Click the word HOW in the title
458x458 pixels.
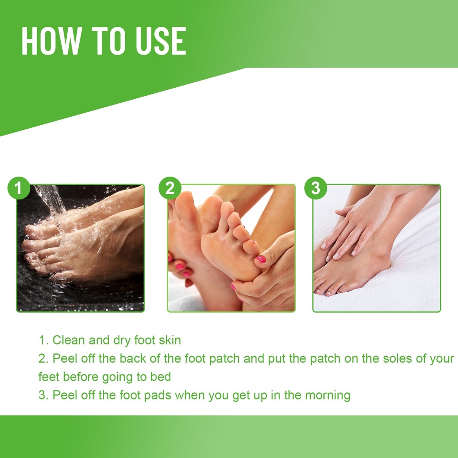(x=51, y=41)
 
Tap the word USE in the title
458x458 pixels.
(x=161, y=41)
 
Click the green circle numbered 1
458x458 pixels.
(x=18, y=188)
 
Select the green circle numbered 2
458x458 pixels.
(x=170, y=188)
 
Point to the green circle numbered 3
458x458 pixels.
(x=315, y=188)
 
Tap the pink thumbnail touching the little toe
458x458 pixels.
(x=261, y=259)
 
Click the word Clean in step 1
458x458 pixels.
(x=68, y=340)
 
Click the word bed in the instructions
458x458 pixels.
(x=161, y=377)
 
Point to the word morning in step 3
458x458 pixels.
(x=328, y=395)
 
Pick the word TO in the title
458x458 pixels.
(x=109, y=41)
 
